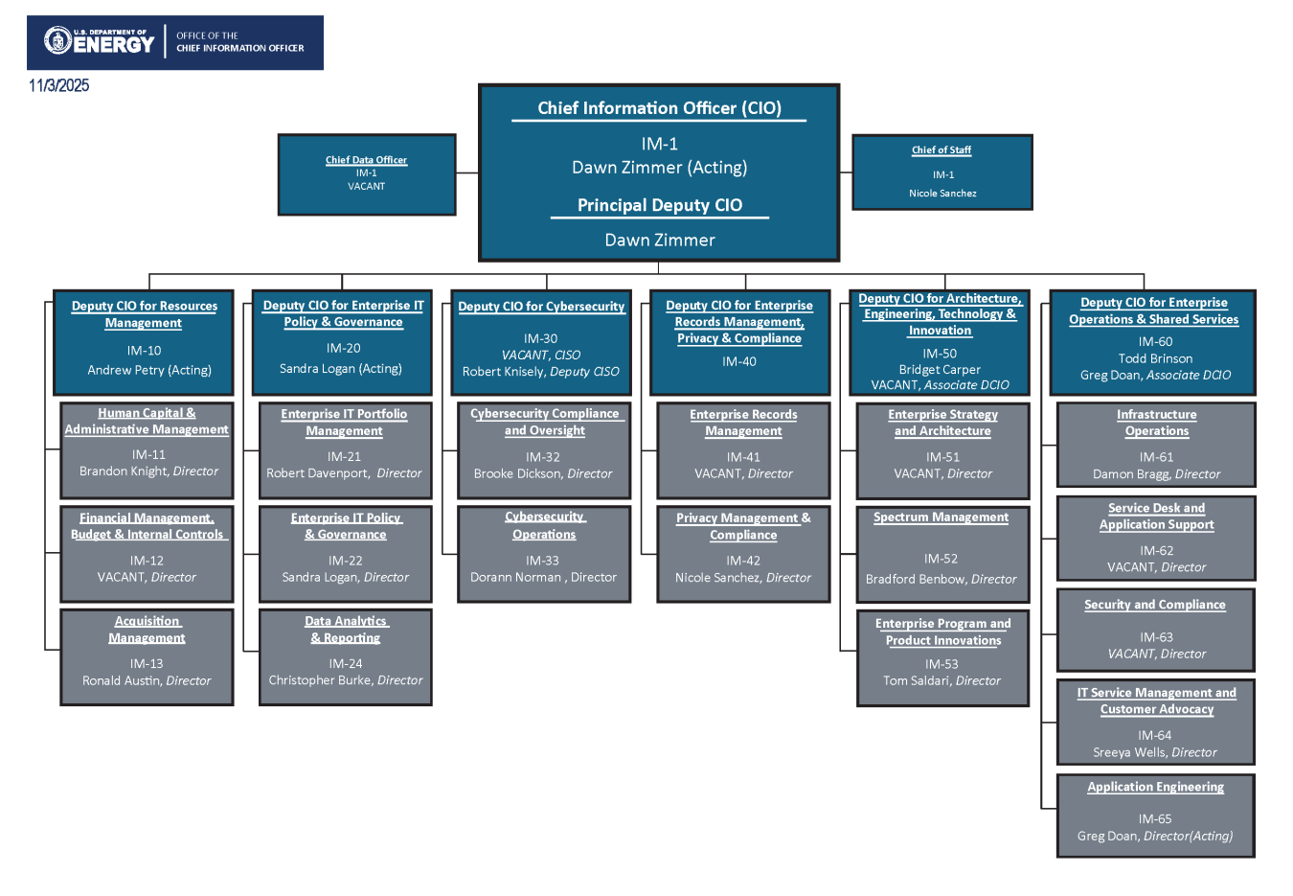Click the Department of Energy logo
(100, 41)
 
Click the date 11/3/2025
(58, 85)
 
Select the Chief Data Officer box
(366, 174)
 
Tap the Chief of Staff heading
(941, 150)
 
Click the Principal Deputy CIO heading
(659, 205)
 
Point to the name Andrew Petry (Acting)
(149, 370)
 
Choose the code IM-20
(343, 349)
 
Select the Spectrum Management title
(941, 517)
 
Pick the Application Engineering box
(1155, 815)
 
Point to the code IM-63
(1155, 637)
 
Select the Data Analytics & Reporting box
(346, 656)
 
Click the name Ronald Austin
(122, 681)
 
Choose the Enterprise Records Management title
(743, 423)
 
